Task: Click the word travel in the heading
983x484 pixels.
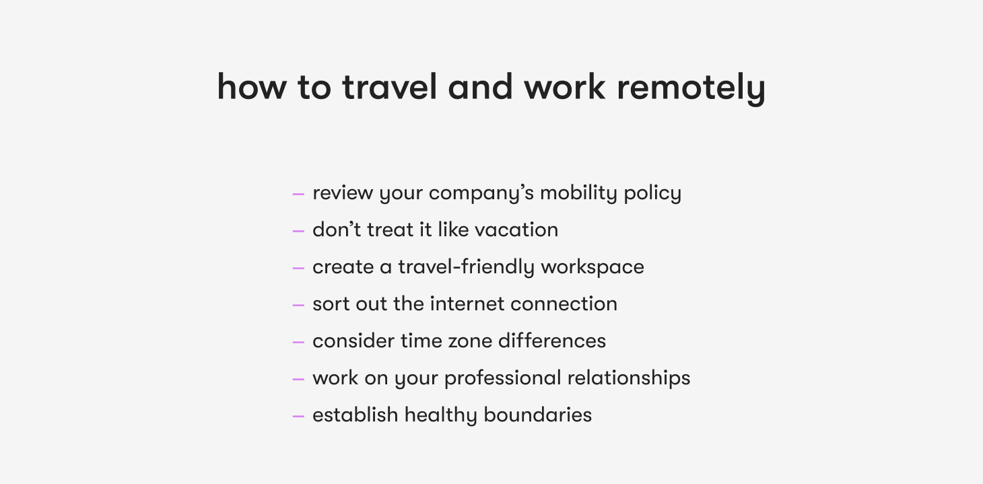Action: click(390, 87)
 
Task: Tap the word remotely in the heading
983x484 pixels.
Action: click(691, 89)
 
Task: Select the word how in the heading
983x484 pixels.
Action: click(252, 86)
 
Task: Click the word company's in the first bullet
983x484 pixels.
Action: click(481, 194)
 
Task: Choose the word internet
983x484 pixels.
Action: click(467, 304)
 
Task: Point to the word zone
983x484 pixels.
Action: click(470, 341)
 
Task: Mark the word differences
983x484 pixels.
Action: click(552, 341)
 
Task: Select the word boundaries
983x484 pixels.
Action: click(537, 415)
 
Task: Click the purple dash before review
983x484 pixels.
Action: click(298, 193)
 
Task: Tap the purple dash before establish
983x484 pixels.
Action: click(298, 415)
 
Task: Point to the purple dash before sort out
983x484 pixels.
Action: click(298, 304)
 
